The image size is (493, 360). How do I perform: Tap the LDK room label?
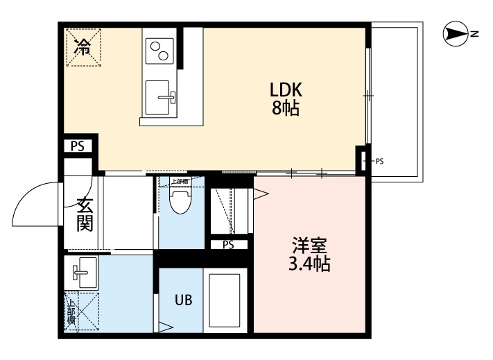click(286, 91)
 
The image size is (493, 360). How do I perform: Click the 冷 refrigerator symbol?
click(83, 46)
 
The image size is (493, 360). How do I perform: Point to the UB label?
click(182, 300)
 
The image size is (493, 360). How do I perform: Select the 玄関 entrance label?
click(85, 215)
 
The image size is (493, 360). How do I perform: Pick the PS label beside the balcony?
click(379, 162)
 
